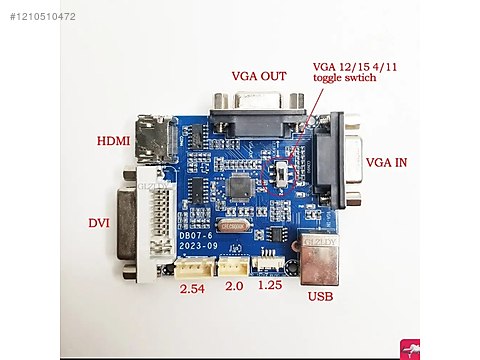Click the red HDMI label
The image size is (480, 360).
(113, 141)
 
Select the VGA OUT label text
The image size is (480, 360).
(258, 76)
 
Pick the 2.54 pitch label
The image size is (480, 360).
(192, 290)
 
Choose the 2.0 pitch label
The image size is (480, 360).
(234, 287)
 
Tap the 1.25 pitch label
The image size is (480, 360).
(271, 286)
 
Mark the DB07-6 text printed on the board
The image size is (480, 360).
(196, 235)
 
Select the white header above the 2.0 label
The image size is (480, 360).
(234, 266)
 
